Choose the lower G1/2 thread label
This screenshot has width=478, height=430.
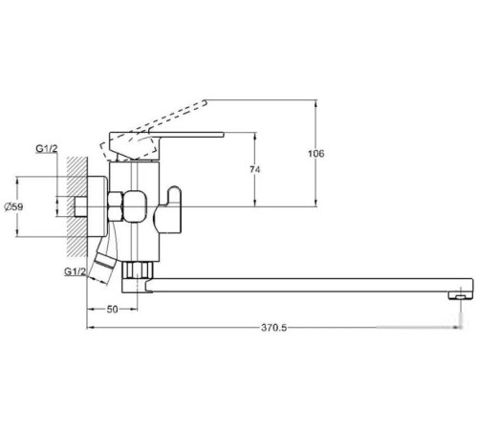coord(76,272)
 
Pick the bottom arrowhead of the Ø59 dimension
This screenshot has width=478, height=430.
coord(20,236)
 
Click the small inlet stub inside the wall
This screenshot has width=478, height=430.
coord(68,206)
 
